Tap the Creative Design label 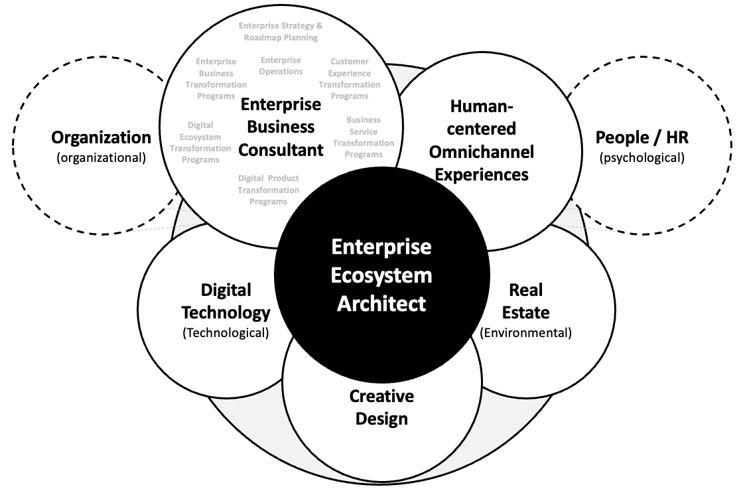click(381, 407)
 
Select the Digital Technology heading click(226, 301)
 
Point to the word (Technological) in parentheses click(226, 332)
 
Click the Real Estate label click(525, 301)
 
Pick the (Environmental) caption click(525, 332)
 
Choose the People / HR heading click(641, 137)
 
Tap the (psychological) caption click(641, 157)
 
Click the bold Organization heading click(102, 137)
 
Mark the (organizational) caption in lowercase click(102, 157)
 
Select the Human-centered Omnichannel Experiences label click(482, 140)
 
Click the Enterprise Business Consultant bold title click(281, 127)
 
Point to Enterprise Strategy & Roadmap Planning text click(281, 32)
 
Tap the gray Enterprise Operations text click(281, 66)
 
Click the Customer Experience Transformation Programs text click(350, 78)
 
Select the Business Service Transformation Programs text click(364, 137)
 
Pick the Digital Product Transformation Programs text click(268, 190)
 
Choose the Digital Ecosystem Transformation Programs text click(200, 142)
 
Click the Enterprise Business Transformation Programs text click(216, 78)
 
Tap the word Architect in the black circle click(381, 303)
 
